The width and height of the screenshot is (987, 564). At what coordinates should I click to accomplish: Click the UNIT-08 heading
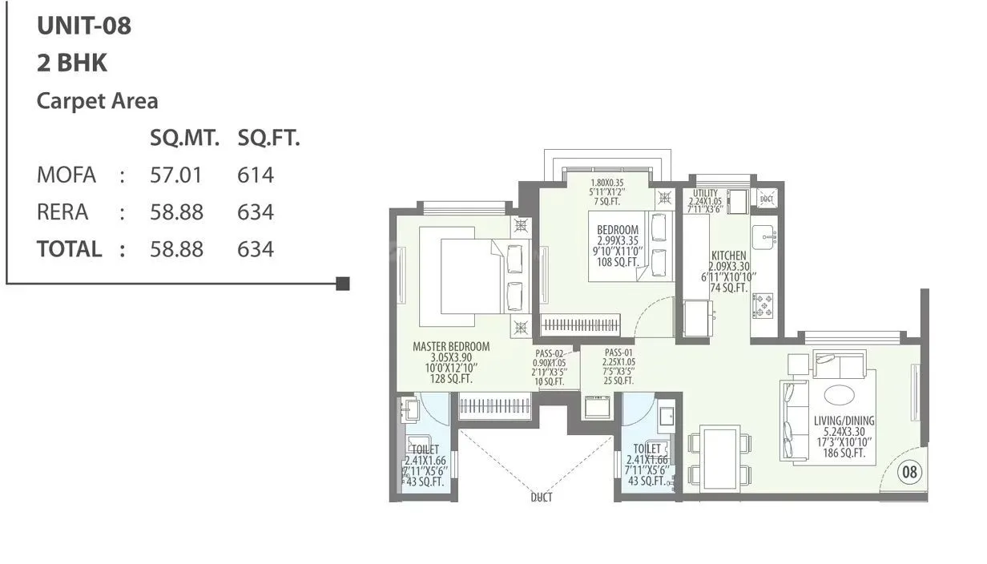pos(84,26)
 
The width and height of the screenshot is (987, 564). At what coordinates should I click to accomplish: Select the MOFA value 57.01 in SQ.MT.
pos(176,175)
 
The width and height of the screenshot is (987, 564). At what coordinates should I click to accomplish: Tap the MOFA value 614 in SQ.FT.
pos(256,175)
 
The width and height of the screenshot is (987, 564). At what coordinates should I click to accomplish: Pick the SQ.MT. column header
pos(184,139)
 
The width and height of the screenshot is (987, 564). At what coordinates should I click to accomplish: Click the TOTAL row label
pos(69,249)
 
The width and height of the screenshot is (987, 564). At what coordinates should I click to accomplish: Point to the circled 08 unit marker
pos(909,472)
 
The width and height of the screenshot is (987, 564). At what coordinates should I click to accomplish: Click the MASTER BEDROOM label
pos(451,347)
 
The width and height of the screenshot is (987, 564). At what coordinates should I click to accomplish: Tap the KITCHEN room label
pos(728,256)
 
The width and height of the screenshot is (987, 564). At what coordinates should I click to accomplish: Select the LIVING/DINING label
pos(844,421)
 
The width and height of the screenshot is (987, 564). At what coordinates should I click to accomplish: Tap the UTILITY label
pos(705,193)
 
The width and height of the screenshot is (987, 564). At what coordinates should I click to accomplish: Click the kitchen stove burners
pos(763,306)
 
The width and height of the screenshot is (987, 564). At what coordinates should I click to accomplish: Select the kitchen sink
pos(763,235)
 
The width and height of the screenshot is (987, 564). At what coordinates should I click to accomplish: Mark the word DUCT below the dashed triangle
pos(541,498)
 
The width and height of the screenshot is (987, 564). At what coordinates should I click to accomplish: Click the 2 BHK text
pos(72,63)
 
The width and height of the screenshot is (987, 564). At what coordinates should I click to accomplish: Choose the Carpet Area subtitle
pos(98,101)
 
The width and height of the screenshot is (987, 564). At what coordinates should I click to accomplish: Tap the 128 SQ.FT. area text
pos(450,379)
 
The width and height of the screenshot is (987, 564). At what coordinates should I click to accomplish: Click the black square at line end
pos(343,283)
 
